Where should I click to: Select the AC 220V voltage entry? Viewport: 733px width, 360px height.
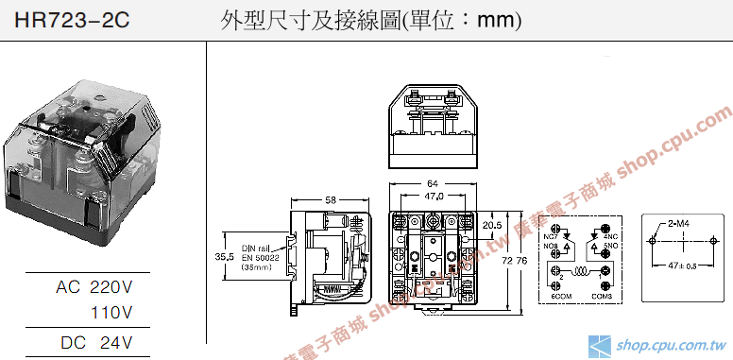click(x=94, y=286)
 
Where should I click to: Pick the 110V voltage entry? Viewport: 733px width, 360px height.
click(x=111, y=312)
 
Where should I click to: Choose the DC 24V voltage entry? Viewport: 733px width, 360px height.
click(x=94, y=341)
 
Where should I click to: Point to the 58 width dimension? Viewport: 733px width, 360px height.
click(x=330, y=199)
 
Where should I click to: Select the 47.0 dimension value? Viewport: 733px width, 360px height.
click(x=434, y=196)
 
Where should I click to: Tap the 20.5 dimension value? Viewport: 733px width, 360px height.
click(x=491, y=226)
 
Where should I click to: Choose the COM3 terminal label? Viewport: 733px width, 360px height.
click(x=603, y=297)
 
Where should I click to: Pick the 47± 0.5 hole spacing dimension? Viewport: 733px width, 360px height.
click(x=682, y=267)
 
